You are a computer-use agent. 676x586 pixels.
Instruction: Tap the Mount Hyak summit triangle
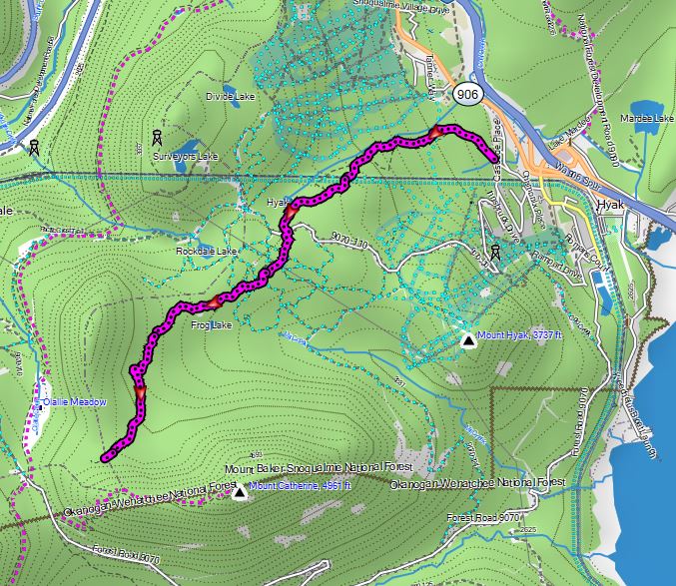(x=467, y=341)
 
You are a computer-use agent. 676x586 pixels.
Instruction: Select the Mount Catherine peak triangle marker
(x=239, y=492)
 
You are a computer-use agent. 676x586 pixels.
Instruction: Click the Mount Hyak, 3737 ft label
(x=520, y=335)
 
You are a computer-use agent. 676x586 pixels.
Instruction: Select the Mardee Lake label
(x=648, y=118)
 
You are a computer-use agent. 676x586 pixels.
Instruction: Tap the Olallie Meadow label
(x=70, y=402)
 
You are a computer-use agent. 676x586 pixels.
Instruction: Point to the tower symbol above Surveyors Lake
(x=157, y=137)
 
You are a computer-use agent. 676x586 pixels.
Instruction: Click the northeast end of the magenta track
(x=494, y=158)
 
